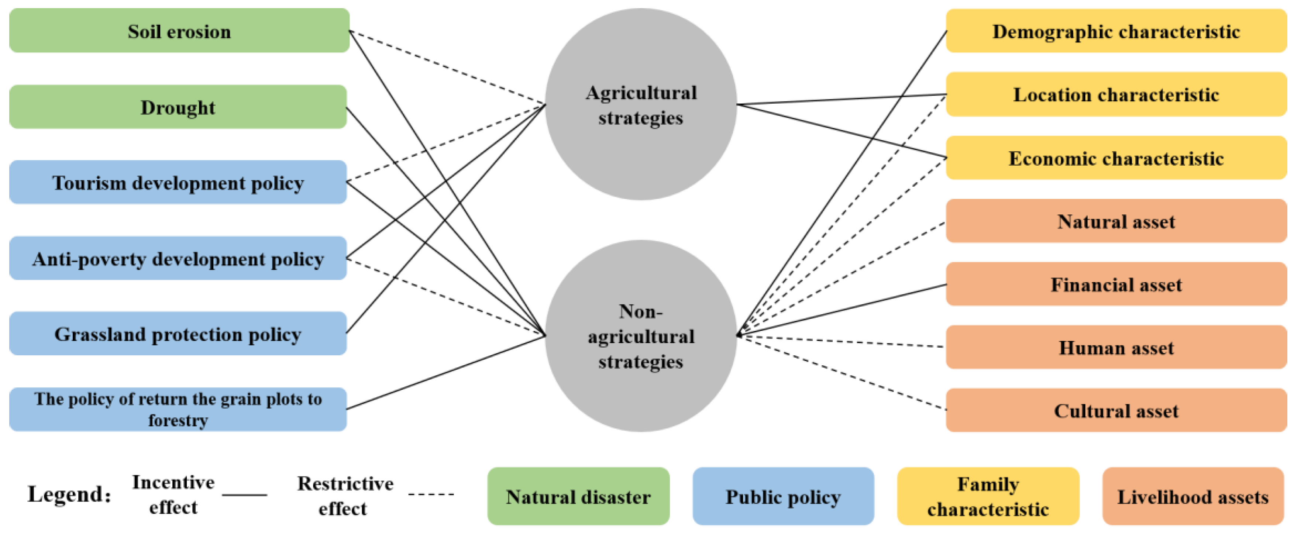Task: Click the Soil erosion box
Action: pos(179,31)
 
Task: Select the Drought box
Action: pos(178,107)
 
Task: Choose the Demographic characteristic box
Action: pos(1116,31)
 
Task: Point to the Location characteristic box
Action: pos(1116,94)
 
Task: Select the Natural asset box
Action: pos(1116,221)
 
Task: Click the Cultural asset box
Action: pos(1116,410)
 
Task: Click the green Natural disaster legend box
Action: pos(578,496)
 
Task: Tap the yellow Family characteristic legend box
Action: pos(988,496)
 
